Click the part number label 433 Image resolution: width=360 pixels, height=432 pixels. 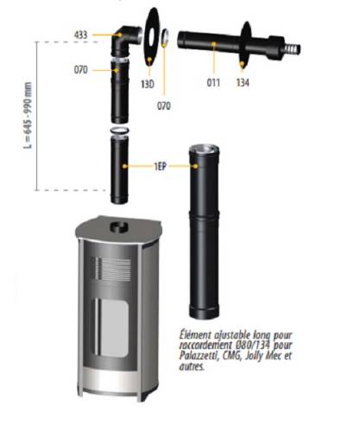(x=80, y=35)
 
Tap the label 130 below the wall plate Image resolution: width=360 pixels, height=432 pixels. (x=148, y=84)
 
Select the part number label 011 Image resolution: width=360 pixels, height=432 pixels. (x=213, y=83)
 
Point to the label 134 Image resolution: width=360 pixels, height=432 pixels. (x=243, y=83)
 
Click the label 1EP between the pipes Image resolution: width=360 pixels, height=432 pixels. (x=160, y=167)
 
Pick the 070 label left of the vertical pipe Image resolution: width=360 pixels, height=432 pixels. (x=80, y=70)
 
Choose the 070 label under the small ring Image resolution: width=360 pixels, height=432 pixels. (x=164, y=105)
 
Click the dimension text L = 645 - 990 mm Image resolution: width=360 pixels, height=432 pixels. (x=28, y=115)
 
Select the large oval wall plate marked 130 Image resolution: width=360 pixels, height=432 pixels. (x=151, y=37)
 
